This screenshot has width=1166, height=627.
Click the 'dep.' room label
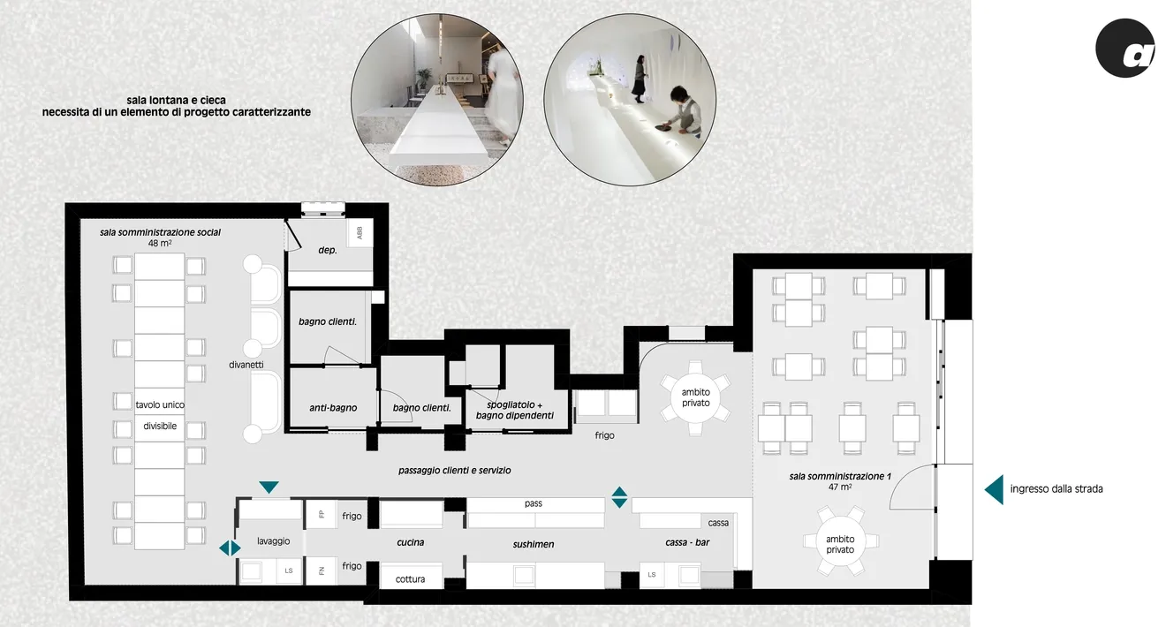328,250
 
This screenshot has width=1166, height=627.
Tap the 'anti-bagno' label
333,408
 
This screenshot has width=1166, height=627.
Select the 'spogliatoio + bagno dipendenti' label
515,410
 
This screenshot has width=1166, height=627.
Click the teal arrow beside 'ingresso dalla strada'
994,489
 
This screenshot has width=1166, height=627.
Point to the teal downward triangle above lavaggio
269,487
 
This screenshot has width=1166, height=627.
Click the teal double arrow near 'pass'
619,497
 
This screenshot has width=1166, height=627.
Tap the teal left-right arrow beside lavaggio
230,548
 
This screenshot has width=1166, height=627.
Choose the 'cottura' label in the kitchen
410,579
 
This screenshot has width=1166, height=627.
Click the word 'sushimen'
534,544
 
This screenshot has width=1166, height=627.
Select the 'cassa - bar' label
687,543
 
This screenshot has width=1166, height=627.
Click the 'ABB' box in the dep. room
360,232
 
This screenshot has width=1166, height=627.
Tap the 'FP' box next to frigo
322,514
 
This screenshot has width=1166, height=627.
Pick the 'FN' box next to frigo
322,570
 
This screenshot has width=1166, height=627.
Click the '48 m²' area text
160,243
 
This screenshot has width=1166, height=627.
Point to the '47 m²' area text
840,487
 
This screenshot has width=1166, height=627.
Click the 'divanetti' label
246,365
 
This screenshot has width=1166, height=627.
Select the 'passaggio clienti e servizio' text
454,471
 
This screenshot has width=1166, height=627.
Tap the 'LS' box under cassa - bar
652,575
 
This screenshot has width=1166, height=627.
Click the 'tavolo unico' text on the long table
160,404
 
